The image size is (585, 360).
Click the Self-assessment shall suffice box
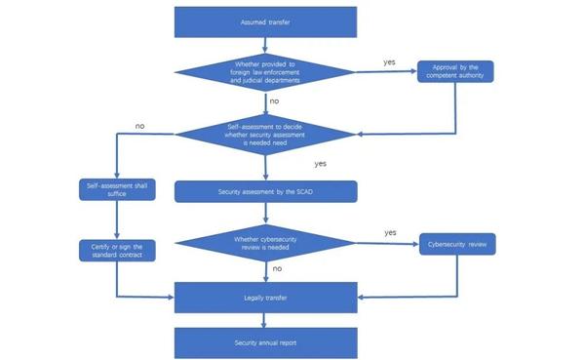pyautogui.click(x=117, y=189)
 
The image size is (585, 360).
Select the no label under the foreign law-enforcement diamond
pyautogui.click(x=274, y=100)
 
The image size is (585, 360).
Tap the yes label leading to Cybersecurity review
pyautogui.click(x=390, y=233)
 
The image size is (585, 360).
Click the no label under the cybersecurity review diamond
pyautogui.click(x=277, y=266)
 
